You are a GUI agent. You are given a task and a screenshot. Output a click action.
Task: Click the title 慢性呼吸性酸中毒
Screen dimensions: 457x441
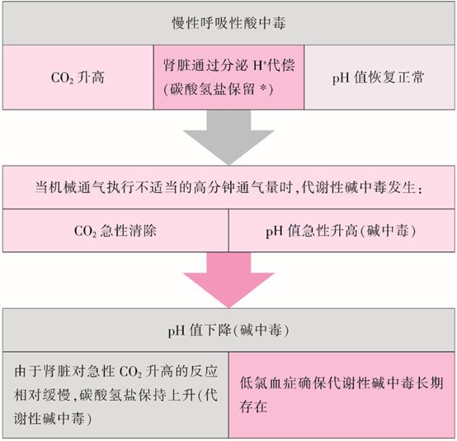(x=228, y=23)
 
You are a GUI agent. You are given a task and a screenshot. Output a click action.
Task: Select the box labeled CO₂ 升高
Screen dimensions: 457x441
(x=78, y=77)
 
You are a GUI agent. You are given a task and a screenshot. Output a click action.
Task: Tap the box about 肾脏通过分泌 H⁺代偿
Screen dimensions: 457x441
(x=228, y=77)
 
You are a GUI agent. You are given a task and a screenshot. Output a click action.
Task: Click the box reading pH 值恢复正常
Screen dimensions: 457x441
(x=379, y=77)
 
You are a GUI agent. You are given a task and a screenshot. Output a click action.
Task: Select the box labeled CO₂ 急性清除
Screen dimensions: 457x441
(x=115, y=231)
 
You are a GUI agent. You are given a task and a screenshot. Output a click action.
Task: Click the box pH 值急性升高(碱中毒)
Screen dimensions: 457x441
(x=342, y=231)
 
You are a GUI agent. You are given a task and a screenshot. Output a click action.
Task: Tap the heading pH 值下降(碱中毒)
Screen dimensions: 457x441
(x=228, y=331)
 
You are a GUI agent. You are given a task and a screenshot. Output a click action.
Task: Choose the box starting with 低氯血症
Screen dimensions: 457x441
(x=342, y=395)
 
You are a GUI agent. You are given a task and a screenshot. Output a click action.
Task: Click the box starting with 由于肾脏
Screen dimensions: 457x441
(x=115, y=395)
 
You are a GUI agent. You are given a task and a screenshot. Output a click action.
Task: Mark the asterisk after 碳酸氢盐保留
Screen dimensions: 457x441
(x=263, y=88)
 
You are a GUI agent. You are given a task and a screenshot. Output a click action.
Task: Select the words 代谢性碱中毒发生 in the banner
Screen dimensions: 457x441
(x=358, y=187)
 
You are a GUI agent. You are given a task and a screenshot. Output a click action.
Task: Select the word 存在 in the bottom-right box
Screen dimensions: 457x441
(x=253, y=406)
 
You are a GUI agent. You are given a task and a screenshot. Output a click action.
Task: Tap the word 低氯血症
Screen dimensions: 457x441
(x=268, y=382)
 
